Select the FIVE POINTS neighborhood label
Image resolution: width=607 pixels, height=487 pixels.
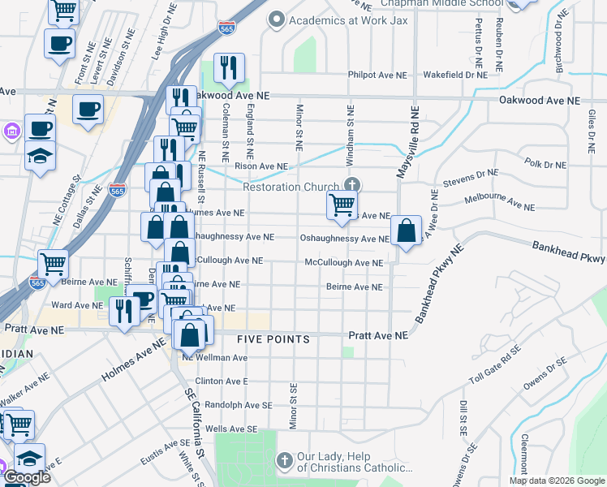273,338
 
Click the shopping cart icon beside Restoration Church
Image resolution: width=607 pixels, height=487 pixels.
342,205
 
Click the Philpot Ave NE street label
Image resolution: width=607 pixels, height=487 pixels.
377,75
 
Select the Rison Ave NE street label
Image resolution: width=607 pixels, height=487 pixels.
261,166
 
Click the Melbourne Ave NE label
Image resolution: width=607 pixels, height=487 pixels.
499,203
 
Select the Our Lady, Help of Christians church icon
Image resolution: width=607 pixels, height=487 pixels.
284,461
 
